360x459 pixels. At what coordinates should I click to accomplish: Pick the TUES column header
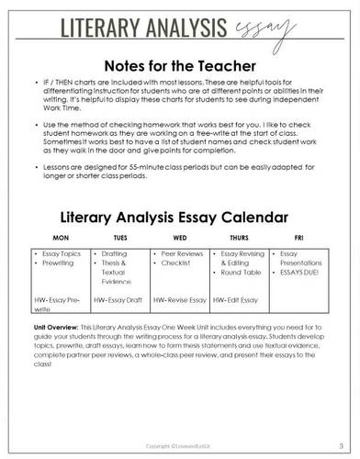(121, 238)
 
